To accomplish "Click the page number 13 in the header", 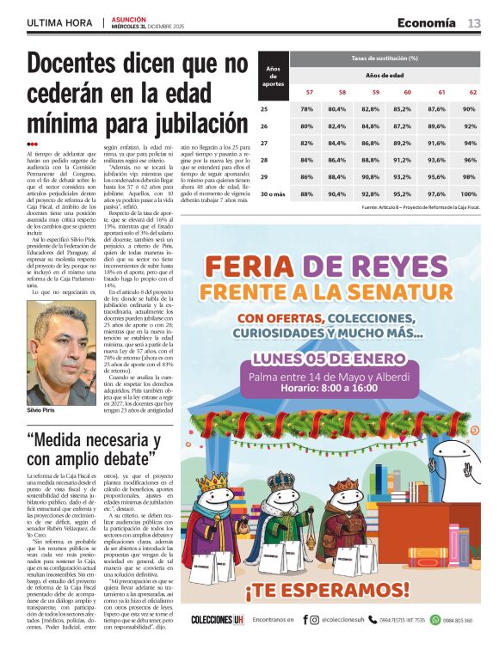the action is pyautogui.click(x=474, y=22).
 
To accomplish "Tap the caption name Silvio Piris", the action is pyautogui.click(x=43, y=411).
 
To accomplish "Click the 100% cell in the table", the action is pyautogui.click(x=470, y=194).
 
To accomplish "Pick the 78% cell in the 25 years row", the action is pyautogui.click(x=306, y=109).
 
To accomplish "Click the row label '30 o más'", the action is pyautogui.click(x=271, y=194).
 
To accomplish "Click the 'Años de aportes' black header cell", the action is pyautogui.click(x=273, y=76).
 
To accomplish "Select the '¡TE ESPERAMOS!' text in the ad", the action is pyautogui.click(x=379, y=592).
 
